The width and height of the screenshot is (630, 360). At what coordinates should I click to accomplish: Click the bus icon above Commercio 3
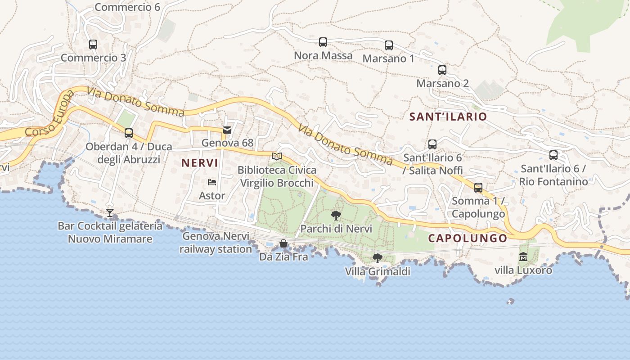[x=93, y=45]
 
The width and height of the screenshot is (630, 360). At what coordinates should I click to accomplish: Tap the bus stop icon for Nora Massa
[x=323, y=42]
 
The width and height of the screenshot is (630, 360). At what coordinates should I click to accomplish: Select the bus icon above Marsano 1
[x=389, y=45]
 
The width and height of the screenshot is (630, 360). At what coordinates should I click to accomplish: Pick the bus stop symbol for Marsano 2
[x=442, y=70]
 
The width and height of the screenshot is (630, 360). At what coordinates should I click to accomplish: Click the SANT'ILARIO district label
[x=448, y=117]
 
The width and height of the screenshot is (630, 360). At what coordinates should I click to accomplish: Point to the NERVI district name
[x=200, y=163]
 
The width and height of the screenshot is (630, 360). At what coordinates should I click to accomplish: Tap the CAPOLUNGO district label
[x=467, y=238]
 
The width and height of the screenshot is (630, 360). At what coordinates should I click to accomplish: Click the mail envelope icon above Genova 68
[x=227, y=130]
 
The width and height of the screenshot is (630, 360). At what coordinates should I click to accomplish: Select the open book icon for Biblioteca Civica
[x=277, y=157]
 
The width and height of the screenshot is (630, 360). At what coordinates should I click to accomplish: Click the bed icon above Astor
[x=212, y=182]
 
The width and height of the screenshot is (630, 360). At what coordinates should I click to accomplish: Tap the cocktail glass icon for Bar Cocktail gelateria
[x=110, y=212]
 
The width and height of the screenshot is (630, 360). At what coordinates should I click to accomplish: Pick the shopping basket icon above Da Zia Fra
[x=283, y=244]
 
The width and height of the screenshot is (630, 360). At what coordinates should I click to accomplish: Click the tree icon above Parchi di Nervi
[x=336, y=215]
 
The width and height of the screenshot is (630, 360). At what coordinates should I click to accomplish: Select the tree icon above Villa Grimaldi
[x=378, y=258]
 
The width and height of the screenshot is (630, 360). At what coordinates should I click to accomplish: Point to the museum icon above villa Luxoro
[x=523, y=257]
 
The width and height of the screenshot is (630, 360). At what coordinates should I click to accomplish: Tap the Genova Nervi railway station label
[x=216, y=243]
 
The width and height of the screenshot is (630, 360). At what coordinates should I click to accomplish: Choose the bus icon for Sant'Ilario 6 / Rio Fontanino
[x=553, y=155]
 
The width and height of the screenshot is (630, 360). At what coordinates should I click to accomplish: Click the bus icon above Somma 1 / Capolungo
[x=478, y=188]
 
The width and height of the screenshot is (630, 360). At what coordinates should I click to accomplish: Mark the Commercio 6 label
[x=127, y=7]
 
